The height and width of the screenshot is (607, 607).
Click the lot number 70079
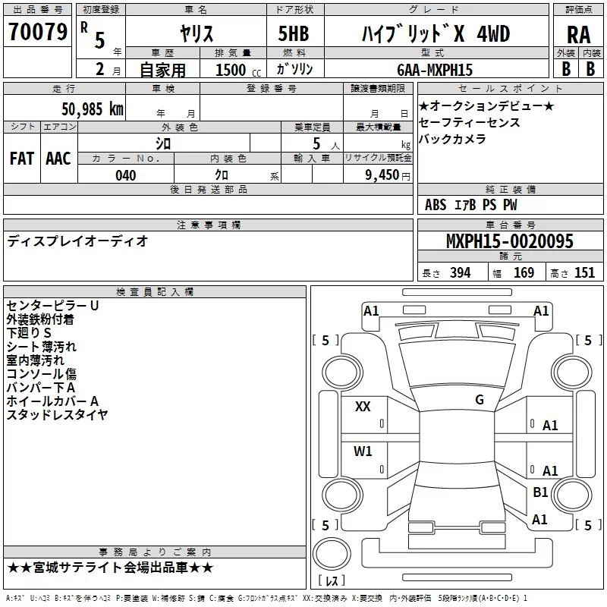[x=37, y=33]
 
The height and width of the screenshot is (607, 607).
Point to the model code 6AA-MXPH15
[x=435, y=70]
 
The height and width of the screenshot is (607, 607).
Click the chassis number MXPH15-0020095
[x=509, y=242]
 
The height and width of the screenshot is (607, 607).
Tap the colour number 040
[x=125, y=175]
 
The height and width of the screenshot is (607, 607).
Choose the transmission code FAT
[x=21, y=159]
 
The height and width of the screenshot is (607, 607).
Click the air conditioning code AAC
[x=58, y=159]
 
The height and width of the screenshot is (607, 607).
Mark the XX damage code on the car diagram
[x=363, y=407]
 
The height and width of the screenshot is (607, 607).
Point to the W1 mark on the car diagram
[x=363, y=451]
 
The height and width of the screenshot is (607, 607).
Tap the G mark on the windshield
[x=480, y=400]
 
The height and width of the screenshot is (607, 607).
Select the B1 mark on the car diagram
[x=540, y=492]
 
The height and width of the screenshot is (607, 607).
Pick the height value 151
[x=584, y=273]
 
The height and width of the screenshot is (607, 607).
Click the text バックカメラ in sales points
[x=452, y=139]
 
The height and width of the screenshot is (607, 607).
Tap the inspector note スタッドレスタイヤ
[x=57, y=414]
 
